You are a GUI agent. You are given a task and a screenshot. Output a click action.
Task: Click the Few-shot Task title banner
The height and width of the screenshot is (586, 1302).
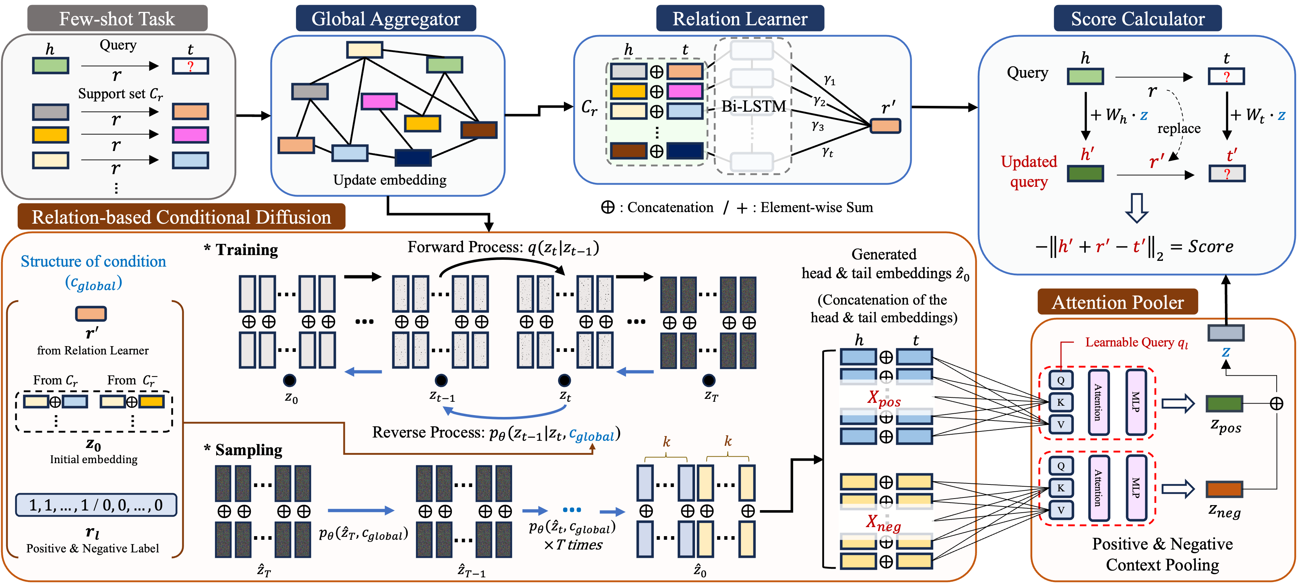(x=117, y=19)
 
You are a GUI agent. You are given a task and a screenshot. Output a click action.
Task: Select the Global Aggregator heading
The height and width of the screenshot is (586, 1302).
(x=386, y=19)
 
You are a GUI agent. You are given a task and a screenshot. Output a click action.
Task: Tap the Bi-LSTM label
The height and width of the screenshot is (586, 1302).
(x=753, y=107)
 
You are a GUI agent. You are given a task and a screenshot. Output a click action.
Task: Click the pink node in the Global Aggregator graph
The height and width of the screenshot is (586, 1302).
(x=379, y=101)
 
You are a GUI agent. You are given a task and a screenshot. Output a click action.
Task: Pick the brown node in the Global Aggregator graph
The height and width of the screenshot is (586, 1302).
(x=479, y=129)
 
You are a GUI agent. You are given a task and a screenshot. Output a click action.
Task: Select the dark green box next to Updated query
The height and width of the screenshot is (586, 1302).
(x=1085, y=174)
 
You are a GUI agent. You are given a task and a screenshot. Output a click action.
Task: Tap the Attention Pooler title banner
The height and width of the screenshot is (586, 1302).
(x=1118, y=302)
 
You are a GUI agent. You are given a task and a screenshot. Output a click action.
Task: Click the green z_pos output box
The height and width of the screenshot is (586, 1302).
(x=1224, y=404)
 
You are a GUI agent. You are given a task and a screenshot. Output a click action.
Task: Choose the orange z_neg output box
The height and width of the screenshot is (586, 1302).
(x=1224, y=489)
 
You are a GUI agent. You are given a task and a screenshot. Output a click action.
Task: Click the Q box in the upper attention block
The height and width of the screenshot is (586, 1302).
(x=1061, y=380)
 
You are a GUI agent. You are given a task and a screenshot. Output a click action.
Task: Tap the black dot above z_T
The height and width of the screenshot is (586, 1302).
(x=708, y=380)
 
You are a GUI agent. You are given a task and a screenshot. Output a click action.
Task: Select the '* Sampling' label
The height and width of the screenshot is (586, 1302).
(x=243, y=449)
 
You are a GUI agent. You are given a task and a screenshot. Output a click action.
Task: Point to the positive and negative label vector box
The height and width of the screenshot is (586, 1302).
(x=96, y=505)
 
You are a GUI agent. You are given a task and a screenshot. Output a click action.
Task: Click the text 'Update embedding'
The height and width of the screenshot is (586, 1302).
(x=390, y=180)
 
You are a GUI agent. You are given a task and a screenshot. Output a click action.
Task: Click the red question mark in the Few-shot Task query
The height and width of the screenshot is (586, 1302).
(x=190, y=66)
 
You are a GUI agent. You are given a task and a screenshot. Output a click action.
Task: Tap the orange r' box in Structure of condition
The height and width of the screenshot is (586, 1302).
(x=91, y=314)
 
